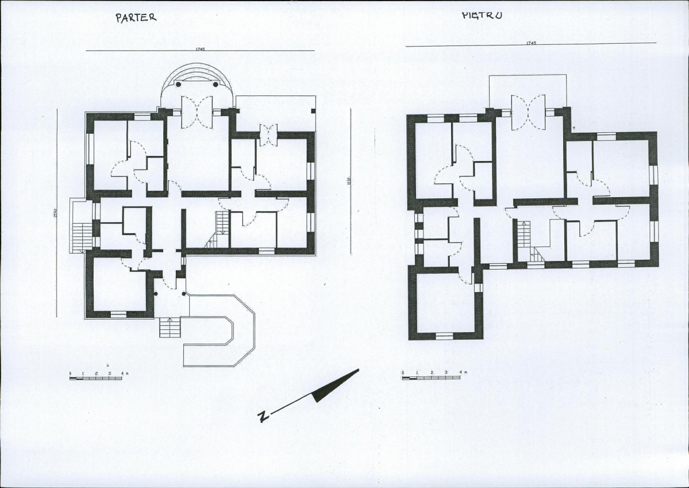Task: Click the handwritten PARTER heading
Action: click(x=136, y=17)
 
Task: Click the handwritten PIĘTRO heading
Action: click(x=482, y=15)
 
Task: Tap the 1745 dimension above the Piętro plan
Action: click(x=530, y=43)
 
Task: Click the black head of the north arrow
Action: click(x=336, y=386)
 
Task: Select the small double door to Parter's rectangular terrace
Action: click(x=268, y=135)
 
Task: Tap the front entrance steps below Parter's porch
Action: click(x=170, y=328)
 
